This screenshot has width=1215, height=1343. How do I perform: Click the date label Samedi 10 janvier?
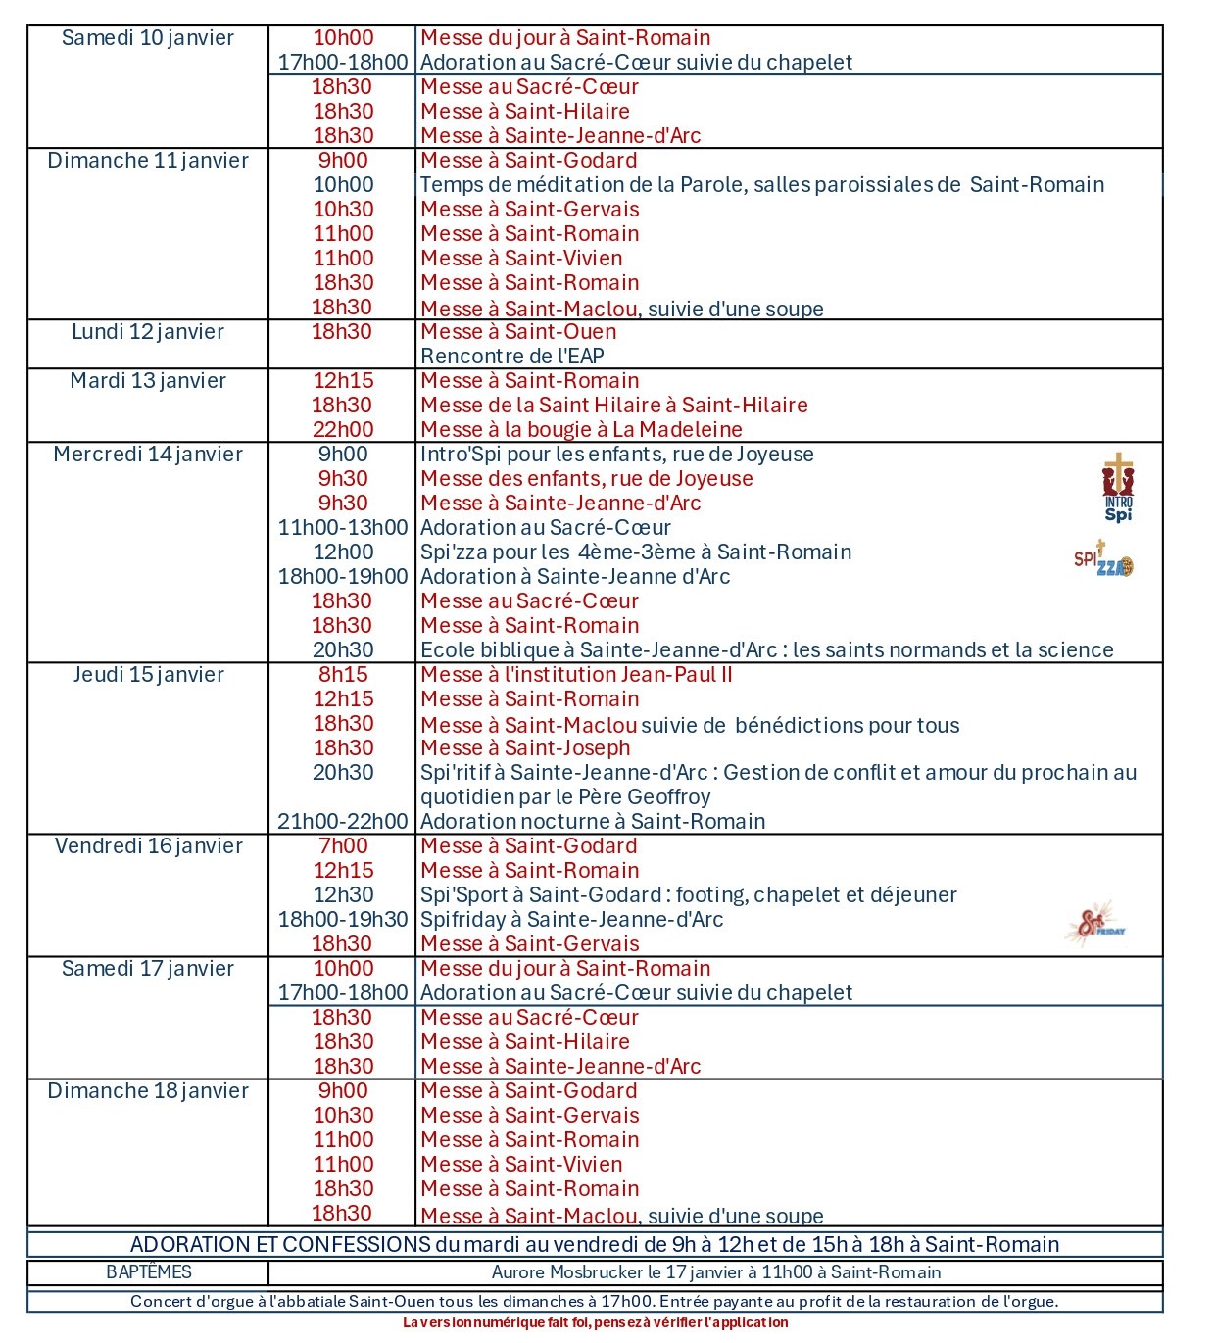pyautogui.click(x=148, y=38)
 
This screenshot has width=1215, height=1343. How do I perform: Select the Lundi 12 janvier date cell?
pyautogui.click(x=148, y=332)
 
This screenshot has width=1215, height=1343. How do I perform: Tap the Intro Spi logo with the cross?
pyautogui.click(x=1118, y=487)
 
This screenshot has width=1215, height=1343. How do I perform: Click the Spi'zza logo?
pyautogui.click(x=1103, y=559)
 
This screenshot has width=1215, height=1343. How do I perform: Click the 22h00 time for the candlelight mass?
pyautogui.click(x=343, y=430)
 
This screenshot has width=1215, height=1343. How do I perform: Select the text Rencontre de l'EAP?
pyautogui.click(x=511, y=357)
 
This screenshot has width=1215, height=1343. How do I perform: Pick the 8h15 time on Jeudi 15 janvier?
pyautogui.click(x=343, y=675)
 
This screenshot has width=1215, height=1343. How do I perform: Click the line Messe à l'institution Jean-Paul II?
pyautogui.click(x=576, y=675)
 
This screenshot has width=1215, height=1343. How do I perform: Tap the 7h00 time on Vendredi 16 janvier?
pyautogui.click(x=343, y=846)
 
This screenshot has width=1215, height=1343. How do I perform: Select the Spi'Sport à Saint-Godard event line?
pyautogui.click(x=688, y=895)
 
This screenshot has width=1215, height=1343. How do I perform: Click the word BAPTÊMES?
pyautogui.click(x=149, y=1272)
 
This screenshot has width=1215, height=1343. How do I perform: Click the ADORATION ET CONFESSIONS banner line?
pyautogui.click(x=595, y=1245)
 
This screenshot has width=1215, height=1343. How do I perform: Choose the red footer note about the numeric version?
pyautogui.click(x=595, y=1323)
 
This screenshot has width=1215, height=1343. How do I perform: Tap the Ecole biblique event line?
pyautogui.click(x=766, y=650)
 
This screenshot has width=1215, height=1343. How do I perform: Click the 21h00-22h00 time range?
pyautogui.click(x=343, y=822)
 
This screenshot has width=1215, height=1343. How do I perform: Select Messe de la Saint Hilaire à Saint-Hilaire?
pyautogui.click(x=614, y=406)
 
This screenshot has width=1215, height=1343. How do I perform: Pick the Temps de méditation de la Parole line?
pyautogui.click(x=761, y=185)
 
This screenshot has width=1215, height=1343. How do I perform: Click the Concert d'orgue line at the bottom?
pyautogui.click(x=595, y=1302)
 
